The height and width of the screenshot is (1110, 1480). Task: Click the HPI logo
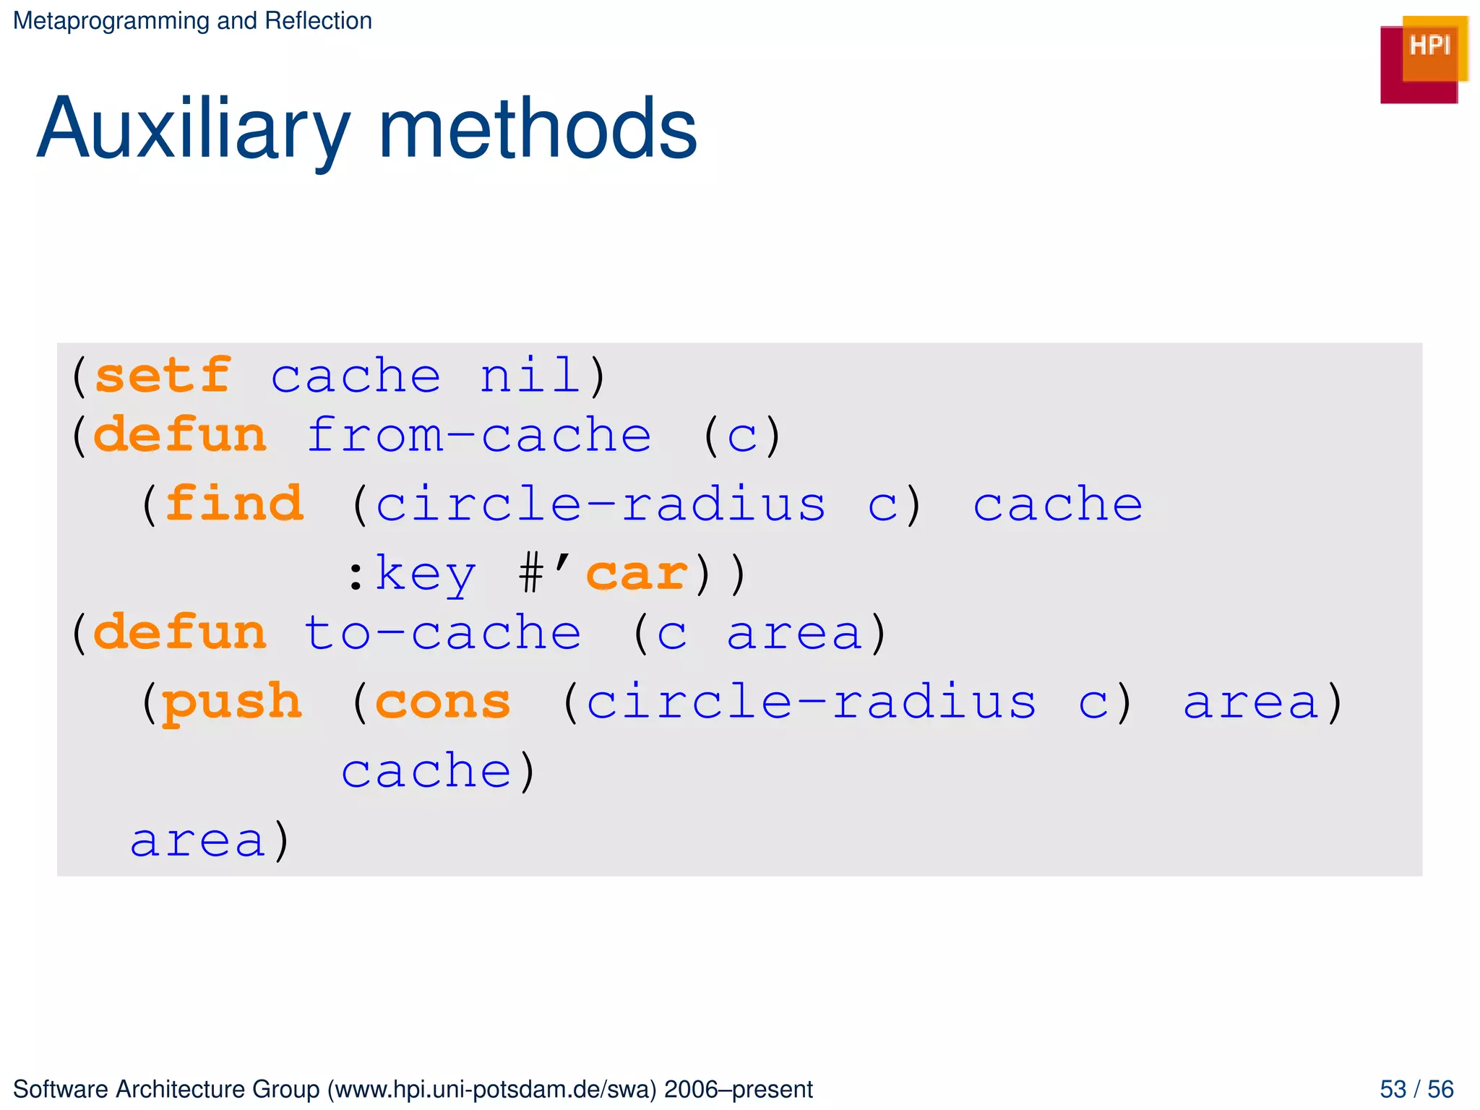[x=1423, y=59]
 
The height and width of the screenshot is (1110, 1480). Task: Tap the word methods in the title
[x=538, y=130]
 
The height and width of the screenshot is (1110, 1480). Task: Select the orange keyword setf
[x=163, y=376]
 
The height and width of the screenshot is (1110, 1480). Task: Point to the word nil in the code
[x=530, y=376]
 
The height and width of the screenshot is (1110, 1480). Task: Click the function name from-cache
[x=479, y=436]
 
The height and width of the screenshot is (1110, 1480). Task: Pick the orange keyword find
[x=234, y=504]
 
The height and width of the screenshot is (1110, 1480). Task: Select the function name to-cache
[x=442, y=633]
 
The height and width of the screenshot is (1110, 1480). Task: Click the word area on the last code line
[x=197, y=840]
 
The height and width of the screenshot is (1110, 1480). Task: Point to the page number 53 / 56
[x=1416, y=1089]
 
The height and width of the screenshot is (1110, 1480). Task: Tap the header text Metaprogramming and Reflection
[x=192, y=21]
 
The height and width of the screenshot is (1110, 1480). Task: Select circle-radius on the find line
[x=601, y=504]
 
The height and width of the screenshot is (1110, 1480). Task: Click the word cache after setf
[x=356, y=376]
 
